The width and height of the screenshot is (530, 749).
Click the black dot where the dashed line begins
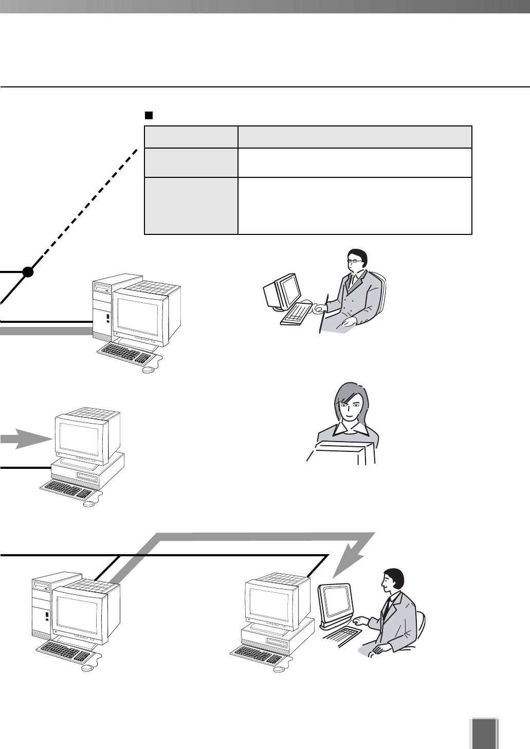pos(28,272)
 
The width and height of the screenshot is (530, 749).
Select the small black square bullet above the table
pos(150,115)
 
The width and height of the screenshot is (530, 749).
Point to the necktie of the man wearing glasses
pos(352,282)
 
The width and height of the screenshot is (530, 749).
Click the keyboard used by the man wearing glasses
pos(297,314)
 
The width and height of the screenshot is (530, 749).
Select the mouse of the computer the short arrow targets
pos(89,504)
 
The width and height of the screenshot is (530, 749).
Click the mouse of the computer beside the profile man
pos(279,669)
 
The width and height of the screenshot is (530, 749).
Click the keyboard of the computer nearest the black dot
pos(125,352)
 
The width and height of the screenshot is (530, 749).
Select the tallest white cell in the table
pos(355,206)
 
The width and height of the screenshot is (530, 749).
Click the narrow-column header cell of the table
pos(191,137)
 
